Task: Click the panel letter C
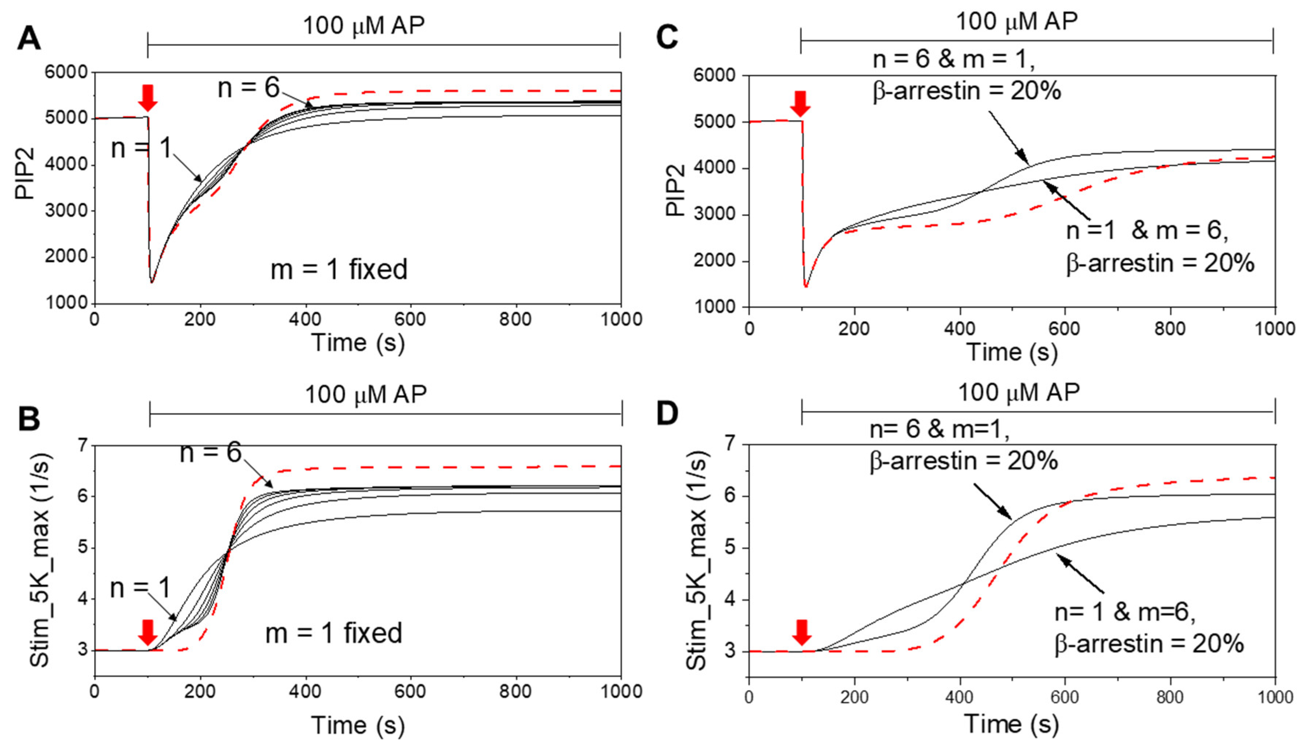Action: click(x=667, y=37)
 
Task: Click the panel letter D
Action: click(x=668, y=414)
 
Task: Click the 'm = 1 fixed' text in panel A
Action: click(x=339, y=269)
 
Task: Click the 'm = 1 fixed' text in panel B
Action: click(x=334, y=633)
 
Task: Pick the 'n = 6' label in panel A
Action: click(x=249, y=88)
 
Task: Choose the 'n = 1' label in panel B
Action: click(x=140, y=587)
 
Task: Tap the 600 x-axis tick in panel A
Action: click(x=410, y=319)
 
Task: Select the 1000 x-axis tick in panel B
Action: click(x=621, y=691)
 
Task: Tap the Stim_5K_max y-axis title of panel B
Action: click(x=40, y=560)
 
